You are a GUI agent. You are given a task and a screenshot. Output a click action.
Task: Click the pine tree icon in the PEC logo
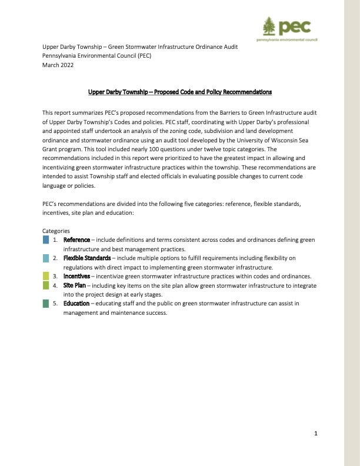(269, 27)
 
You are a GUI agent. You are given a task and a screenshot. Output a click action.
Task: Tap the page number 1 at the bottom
(316, 434)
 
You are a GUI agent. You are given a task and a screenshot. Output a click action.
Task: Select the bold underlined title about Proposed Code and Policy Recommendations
(180, 92)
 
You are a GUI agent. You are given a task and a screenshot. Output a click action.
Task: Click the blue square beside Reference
(46, 240)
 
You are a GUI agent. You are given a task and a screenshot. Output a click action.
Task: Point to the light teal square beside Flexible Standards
(46, 258)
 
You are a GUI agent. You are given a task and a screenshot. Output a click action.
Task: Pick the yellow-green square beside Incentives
(46, 276)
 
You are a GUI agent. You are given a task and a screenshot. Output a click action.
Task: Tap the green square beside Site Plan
(46, 285)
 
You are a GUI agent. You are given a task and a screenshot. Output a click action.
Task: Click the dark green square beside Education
(46, 303)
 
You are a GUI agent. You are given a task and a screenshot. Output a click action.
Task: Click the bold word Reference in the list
(76, 240)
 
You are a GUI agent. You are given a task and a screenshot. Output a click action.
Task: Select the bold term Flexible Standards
(86, 258)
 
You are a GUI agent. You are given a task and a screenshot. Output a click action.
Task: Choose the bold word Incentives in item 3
(76, 276)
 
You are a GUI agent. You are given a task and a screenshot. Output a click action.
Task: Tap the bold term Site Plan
(74, 285)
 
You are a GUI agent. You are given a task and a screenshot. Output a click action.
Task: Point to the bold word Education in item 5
(76, 303)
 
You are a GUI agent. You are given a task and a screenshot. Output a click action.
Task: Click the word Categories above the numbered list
(56, 231)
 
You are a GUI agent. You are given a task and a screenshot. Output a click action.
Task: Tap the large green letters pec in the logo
(295, 27)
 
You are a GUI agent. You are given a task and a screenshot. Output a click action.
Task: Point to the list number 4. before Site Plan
(56, 285)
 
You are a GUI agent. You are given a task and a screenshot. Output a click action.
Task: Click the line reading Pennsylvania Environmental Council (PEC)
(97, 56)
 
